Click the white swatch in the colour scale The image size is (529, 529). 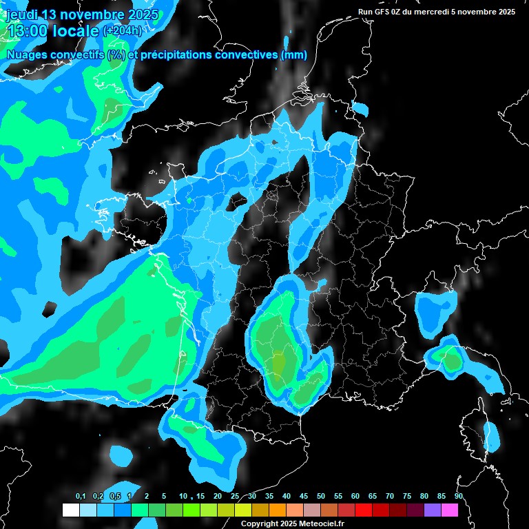coord(71,510)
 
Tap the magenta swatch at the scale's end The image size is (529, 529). coord(450,510)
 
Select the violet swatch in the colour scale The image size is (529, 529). coord(433,510)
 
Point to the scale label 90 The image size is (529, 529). coord(459,497)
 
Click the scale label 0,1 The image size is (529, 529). coord(81,497)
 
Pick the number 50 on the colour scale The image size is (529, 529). coord(321,497)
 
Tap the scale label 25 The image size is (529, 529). coord(235,497)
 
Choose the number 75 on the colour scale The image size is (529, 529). coord(407,497)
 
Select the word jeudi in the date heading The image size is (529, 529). coord(21,15)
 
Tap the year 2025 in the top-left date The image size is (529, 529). coord(141,15)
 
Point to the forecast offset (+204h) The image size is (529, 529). coord(123,30)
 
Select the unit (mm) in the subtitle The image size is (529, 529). coord(294,55)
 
